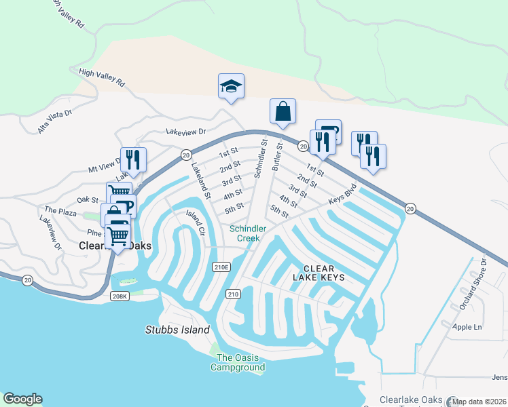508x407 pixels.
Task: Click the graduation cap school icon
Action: [x=231, y=87]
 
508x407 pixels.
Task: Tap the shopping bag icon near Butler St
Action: [x=283, y=112]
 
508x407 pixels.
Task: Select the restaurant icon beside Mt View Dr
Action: [x=133, y=160]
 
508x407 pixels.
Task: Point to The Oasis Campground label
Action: [x=237, y=362]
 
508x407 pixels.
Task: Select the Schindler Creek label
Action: [x=247, y=233]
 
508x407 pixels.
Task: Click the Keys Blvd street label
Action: [x=343, y=193]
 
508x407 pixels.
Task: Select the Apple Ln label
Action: [x=467, y=326]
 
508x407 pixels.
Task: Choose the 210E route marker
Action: [x=221, y=267]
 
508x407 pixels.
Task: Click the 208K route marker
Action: [x=120, y=296]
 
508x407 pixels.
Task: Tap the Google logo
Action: [x=22, y=399]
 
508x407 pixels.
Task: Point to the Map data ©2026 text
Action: [x=479, y=402]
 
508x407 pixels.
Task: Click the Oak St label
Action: [x=88, y=200]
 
